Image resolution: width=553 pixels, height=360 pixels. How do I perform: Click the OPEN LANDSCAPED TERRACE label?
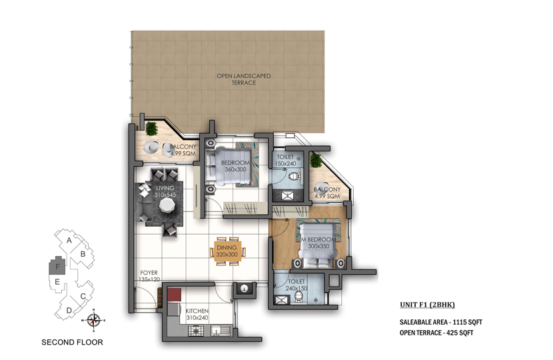(244, 79)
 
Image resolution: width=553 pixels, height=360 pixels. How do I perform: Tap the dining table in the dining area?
(228, 251)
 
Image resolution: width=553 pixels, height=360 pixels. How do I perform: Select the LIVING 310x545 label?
(165, 191)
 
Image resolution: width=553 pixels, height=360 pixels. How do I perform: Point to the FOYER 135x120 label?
(149, 276)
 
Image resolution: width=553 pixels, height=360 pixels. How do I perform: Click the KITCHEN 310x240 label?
(197, 314)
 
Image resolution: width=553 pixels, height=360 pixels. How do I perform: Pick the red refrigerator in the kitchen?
(174, 295)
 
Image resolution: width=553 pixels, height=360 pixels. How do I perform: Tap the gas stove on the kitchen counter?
(195, 331)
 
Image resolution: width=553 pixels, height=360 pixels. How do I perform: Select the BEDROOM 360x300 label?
(235, 166)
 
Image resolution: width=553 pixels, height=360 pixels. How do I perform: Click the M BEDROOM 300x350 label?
(318, 243)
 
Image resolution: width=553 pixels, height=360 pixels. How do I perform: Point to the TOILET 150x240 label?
(285, 160)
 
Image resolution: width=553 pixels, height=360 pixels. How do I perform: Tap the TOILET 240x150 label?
(296, 285)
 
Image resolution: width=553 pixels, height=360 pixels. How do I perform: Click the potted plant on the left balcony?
(151, 129)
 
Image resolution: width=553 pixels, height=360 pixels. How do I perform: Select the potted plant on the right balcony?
(316, 161)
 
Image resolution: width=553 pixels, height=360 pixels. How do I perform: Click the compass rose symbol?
(93, 321)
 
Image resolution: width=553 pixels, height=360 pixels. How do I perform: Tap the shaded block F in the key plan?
(57, 265)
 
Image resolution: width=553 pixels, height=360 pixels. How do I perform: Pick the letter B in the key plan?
(83, 254)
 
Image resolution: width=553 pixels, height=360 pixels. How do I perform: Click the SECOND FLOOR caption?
(73, 342)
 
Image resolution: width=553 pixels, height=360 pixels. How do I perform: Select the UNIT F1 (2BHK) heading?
(428, 305)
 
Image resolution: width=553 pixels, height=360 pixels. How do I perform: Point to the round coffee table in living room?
(166, 205)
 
